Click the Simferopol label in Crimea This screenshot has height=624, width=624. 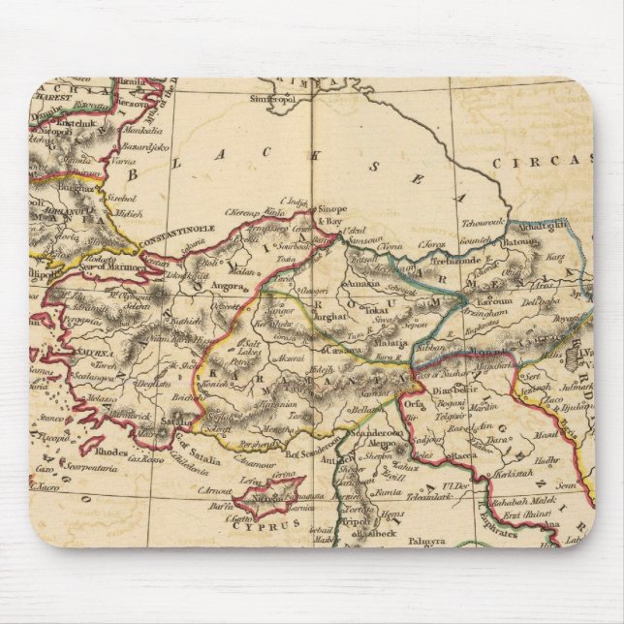click(x=272, y=100)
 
